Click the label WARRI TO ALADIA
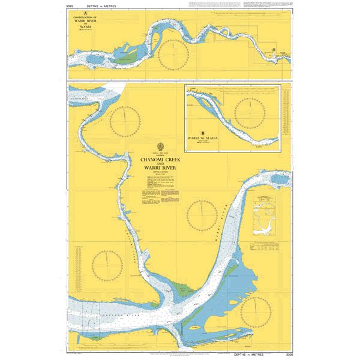(203, 138)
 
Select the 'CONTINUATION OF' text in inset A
(86, 17)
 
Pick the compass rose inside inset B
(248, 112)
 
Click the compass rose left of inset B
(124, 120)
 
